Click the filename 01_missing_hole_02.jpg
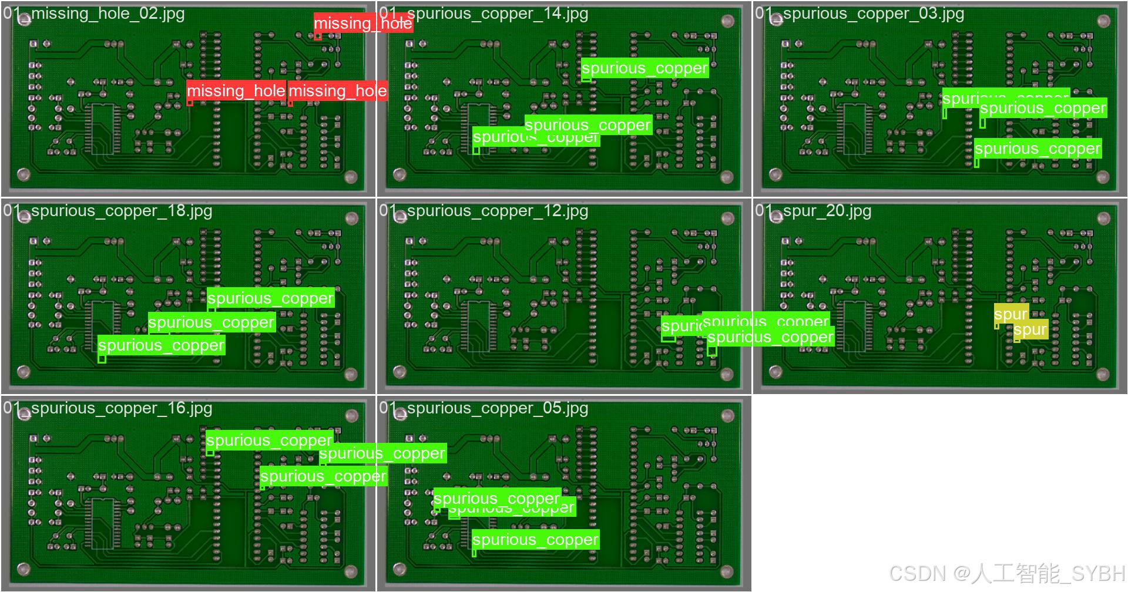pos(94,14)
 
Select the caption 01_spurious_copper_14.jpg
pos(484,14)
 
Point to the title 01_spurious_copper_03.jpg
pos(860,14)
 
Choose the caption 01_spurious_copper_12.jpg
pos(484,211)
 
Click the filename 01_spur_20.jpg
pos(813,211)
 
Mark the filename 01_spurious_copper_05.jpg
pos(484,408)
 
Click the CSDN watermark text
pos(1006,573)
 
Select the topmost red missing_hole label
pos(362,23)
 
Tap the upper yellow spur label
pos(1010,314)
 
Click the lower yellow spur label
pos(1030,329)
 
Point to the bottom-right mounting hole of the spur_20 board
pos(1103,374)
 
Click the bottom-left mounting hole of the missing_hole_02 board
pos(23,174)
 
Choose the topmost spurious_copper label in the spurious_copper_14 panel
pos(644,68)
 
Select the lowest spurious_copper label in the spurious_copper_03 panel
pos(1037,149)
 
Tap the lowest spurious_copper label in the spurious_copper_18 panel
pos(161,345)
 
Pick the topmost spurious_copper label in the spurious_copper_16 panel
pos(269,440)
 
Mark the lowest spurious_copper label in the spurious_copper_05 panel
pos(535,539)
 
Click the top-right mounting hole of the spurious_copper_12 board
pos(727,219)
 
